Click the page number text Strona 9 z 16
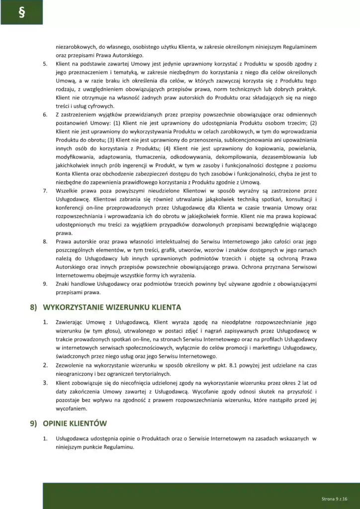pos(334,498)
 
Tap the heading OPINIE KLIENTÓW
pos(75,424)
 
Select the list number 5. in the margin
pos(45,64)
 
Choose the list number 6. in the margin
pos(45,115)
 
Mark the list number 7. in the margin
pos(45,191)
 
